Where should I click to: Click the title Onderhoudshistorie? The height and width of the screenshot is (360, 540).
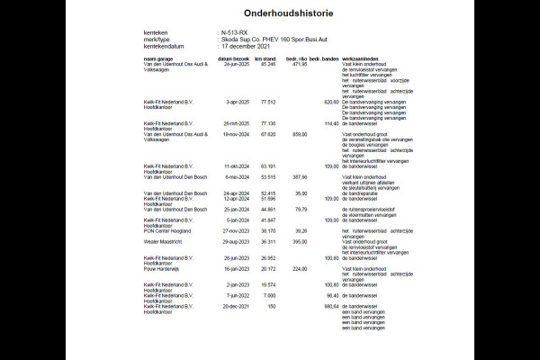click(269, 13)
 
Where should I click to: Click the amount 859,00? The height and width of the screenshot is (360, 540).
click(299, 134)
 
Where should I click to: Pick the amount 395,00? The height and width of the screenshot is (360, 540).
click(299, 241)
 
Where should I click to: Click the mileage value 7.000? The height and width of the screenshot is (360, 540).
click(269, 294)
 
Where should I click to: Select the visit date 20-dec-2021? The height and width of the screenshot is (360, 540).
click(236, 305)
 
